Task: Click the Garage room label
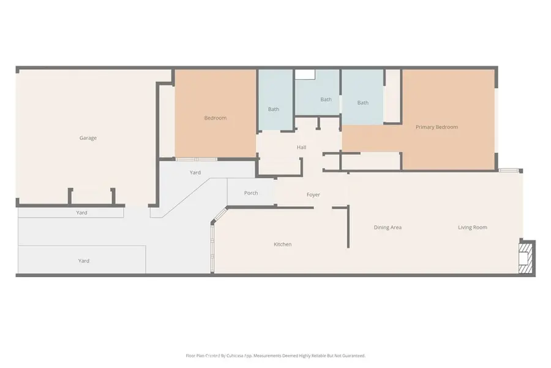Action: click(x=88, y=138)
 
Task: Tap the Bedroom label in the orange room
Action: click(x=215, y=118)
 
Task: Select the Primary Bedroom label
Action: click(x=437, y=127)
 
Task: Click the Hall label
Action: click(x=301, y=147)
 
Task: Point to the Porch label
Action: click(x=251, y=193)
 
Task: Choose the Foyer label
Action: click(x=313, y=194)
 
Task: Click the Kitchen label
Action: click(x=282, y=244)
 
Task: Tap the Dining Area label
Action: click(x=388, y=228)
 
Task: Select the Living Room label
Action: click(x=473, y=228)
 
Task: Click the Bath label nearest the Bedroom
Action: click(x=274, y=109)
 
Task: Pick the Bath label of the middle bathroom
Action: click(x=326, y=99)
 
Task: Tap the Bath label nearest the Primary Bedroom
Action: click(x=363, y=102)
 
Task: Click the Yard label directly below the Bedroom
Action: click(x=195, y=172)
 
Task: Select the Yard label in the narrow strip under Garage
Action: click(x=81, y=213)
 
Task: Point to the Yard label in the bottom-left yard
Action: click(x=84, y=261)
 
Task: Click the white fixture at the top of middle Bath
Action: click(x=305, y=74)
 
